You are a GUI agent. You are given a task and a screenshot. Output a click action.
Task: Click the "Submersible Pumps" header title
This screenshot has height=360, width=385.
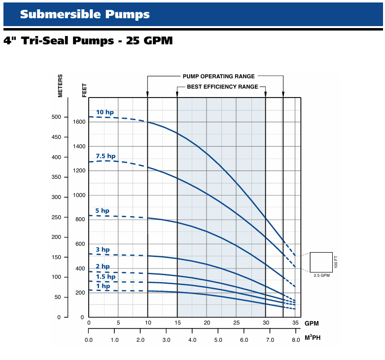click(85, 14)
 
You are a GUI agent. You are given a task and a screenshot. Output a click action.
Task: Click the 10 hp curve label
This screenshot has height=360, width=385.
click(105, 112)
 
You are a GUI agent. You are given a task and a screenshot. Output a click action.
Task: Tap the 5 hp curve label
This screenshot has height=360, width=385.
click(103, 211)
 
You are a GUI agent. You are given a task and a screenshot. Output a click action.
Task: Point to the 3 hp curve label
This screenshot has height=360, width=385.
click(103, 250)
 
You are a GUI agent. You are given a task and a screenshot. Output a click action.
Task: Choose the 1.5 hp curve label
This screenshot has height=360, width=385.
click(105, 277)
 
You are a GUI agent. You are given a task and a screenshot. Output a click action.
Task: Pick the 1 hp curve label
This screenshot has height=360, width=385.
click(103, 286)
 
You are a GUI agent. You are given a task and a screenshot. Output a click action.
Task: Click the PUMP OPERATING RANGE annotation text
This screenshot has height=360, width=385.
click(219, 76)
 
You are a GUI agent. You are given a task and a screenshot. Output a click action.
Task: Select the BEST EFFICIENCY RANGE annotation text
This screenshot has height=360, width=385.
click(222, 87)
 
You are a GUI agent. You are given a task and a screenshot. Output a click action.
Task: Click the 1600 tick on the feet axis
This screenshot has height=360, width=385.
click(78, 122)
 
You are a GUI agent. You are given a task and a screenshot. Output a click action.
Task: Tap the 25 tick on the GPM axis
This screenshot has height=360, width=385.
click(236, 323)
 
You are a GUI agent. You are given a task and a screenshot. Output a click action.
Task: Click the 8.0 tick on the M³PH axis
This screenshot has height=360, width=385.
click(296, 340)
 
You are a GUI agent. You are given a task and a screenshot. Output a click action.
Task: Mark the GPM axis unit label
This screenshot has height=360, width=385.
click(312, 324)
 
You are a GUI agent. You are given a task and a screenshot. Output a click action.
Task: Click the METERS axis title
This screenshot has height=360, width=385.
click(61, 86)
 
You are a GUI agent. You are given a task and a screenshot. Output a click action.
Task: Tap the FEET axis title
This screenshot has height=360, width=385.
click(84, 90)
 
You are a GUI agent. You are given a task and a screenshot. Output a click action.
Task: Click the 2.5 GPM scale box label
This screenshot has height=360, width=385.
click(321, 275)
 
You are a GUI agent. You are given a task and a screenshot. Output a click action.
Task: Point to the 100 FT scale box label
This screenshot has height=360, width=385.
click(336, 262)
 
